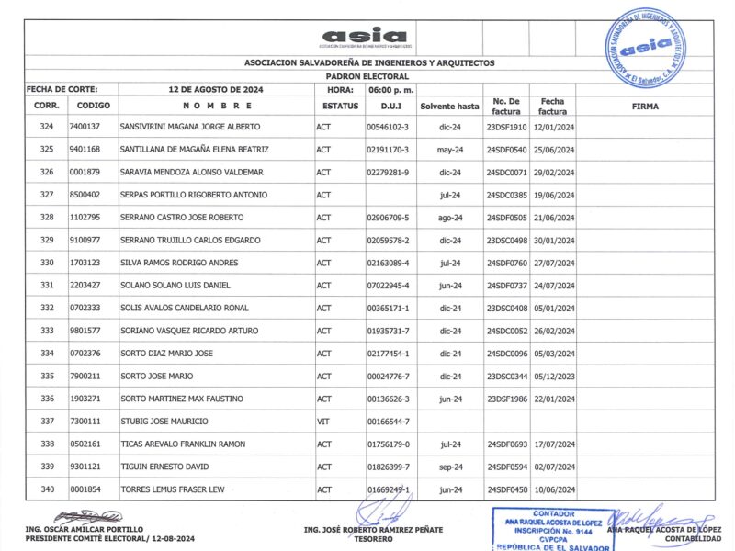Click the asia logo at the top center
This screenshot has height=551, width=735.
point(365,38)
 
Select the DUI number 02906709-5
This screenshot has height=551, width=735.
point(393,217)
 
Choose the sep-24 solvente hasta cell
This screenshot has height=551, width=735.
point(450,467)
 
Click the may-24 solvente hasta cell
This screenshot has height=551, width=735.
point(450,149)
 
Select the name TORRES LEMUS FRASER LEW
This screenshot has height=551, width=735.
point(172,489)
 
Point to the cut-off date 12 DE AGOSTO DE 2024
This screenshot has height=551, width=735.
point(217,90)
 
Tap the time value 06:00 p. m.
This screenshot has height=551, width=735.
point(391,90)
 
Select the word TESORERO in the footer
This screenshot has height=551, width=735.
point(373,539)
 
